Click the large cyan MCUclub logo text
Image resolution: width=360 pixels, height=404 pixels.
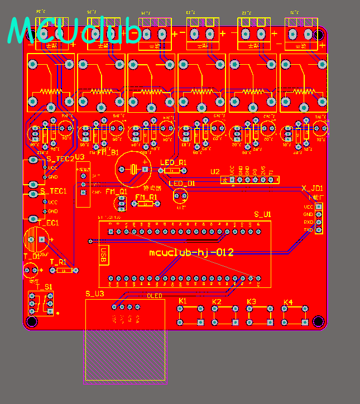pos(76,31)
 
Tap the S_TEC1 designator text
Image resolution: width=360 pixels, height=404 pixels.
pos(54,191)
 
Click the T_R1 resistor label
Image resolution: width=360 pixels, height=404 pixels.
pos(58,262)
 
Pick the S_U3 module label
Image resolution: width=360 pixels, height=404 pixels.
pos(94,294)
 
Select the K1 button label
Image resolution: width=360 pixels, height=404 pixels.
pos(183,301)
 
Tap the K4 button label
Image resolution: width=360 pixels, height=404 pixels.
pos(287,302)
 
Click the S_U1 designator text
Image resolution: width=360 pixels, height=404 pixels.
pos(262,214)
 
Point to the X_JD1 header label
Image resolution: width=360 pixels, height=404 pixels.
pos(312,188)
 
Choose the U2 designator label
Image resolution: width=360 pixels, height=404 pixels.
pos(215,171)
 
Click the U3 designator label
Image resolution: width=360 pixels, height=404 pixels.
pos(80,157)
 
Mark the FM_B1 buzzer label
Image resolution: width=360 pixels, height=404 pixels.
pos(108,152)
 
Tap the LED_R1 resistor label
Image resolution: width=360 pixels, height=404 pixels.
pos(171,162)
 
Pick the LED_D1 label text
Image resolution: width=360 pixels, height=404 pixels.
pos(182,184)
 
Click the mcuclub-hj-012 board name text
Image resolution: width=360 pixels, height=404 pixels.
pos(191,253)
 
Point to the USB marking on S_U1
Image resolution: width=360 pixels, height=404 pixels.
pos(103,255)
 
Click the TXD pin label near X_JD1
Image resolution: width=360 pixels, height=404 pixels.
pos(308,229)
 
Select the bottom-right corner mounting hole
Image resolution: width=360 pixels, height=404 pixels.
pos(318,321)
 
